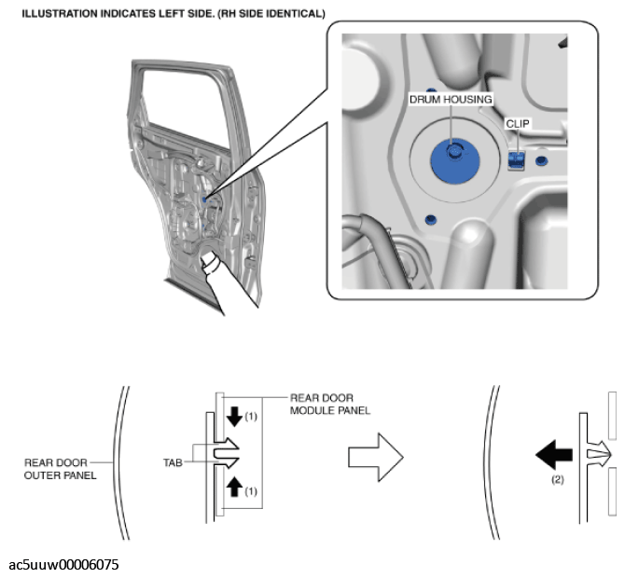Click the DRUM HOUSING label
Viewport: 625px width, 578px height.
click(x=451, y=100)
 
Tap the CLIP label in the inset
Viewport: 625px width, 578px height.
click(x=517, y=123)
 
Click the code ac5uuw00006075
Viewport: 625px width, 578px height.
click(x=63, y=565)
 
